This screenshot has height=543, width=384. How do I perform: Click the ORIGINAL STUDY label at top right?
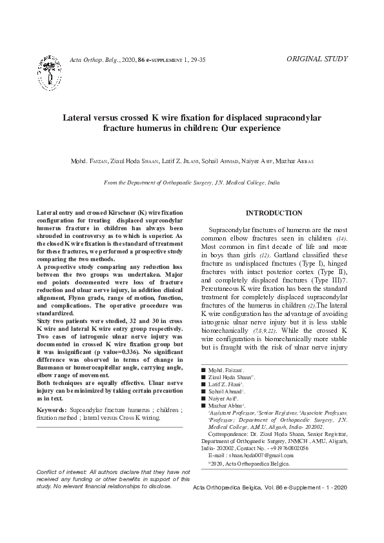click(316, 59)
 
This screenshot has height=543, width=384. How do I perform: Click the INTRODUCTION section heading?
click(274, 213)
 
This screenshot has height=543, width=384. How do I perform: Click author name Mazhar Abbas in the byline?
click(294, 160)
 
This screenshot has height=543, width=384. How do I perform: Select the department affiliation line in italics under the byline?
click(192, 183)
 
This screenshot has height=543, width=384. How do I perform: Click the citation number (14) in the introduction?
click(339, 239)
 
